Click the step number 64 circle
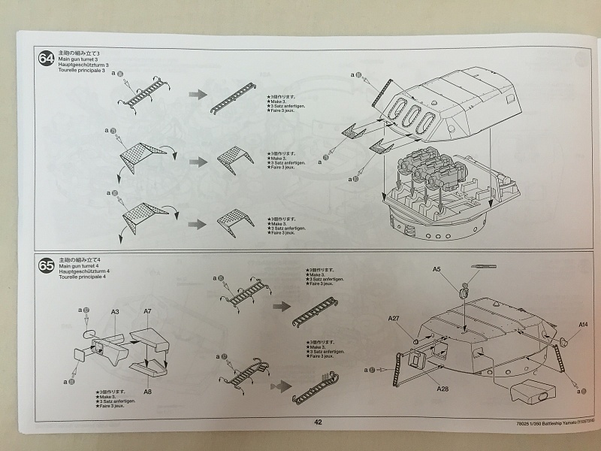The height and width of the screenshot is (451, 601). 47,59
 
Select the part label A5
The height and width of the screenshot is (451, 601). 436,269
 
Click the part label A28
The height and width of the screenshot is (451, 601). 442,389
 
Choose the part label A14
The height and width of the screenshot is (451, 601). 583,325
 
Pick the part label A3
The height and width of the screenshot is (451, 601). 115,310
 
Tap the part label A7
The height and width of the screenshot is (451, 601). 147,310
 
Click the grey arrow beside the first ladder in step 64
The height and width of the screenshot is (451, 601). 198,93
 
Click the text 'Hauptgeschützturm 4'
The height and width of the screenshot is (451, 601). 83,271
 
